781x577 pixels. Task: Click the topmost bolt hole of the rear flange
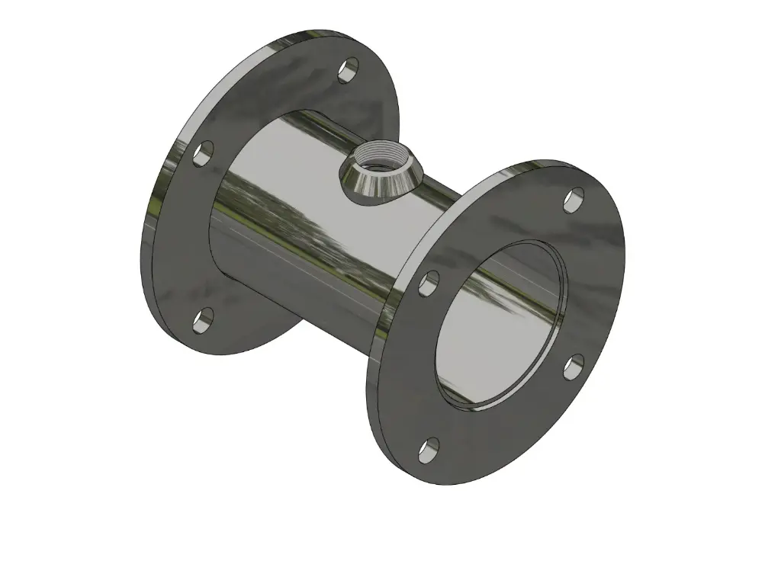click(348, 71)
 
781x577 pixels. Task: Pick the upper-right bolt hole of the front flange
click(573, 200)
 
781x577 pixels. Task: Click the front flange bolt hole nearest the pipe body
click(429, 284)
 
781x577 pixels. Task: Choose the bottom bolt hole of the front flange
click(429, 450)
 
